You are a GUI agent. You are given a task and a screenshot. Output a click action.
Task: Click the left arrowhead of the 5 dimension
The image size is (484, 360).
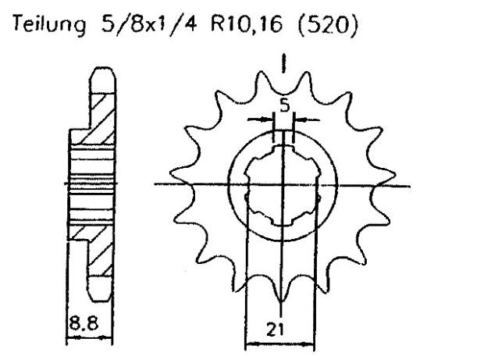[x=270, y=119]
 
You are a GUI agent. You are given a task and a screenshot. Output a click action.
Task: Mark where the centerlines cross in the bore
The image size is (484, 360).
[x=283, y=185]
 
